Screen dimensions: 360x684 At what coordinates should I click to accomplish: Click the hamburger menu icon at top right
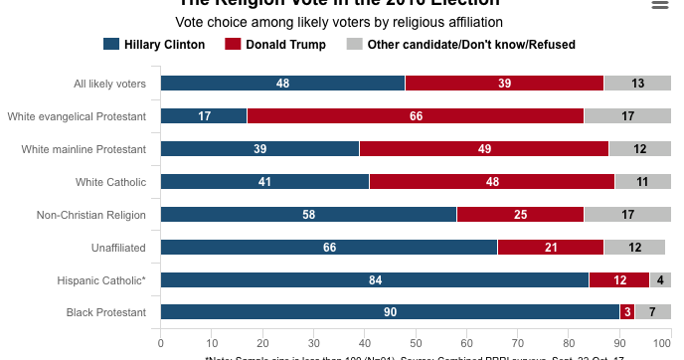659,6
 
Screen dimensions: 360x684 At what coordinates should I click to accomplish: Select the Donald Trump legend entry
274,44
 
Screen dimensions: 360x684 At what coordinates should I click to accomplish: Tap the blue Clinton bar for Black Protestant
390,312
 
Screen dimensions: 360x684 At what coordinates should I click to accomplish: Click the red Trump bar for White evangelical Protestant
416,116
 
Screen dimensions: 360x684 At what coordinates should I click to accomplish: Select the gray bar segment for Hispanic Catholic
661,279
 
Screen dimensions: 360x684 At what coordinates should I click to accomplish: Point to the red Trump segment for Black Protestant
626,312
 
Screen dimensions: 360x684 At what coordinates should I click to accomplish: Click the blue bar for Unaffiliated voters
329,247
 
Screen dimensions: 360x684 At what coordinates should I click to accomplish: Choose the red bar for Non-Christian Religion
520,215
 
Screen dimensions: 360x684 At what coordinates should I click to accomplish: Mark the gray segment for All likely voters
636,84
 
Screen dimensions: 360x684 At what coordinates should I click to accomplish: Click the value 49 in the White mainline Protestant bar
484,149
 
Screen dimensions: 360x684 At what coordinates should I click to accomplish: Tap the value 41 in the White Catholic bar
264,182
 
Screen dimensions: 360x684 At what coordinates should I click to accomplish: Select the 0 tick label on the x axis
161,344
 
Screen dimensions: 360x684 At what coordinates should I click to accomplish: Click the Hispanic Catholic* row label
101,280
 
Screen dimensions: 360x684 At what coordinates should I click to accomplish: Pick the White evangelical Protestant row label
77,116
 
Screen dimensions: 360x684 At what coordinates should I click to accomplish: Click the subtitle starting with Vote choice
339,21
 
